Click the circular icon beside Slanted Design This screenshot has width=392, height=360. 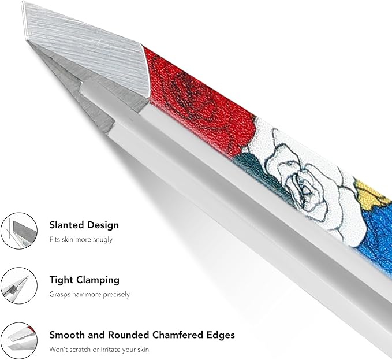19,231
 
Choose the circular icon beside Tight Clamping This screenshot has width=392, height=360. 19,285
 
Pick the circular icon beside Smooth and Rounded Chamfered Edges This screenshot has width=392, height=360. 19,341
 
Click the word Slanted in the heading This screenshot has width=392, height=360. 66,225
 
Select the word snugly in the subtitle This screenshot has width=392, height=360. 103,240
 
